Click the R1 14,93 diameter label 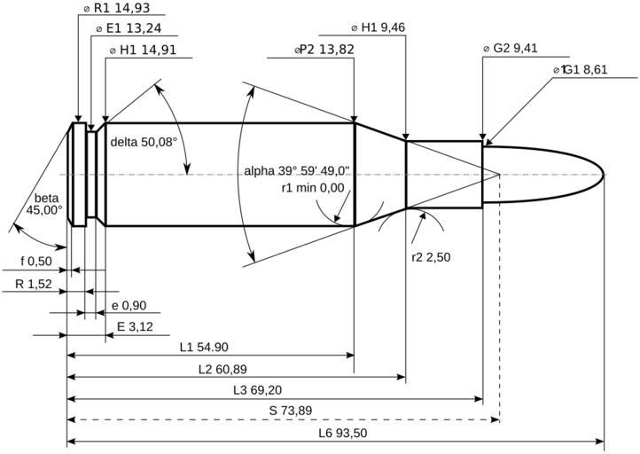coord(116,8)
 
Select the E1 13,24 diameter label coord(129,28)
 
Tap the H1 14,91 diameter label coord(143,50)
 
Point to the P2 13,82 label coord(324,50)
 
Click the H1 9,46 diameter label coord(378,27)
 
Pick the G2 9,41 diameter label coord(511,48)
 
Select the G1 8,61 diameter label coord(581,70)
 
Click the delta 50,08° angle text coord(144,142)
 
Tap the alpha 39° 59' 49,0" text coord(297,170)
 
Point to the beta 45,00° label coord(44,204)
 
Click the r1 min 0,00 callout coord(313,188)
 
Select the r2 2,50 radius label coord(431,257)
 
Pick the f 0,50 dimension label coord(36,261)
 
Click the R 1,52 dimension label coord(34,284)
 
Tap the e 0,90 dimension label coord(129,305)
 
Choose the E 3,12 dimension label coord(135,326)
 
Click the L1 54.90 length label coord(204,347)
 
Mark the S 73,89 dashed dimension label coord(291,411)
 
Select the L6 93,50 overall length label coord(343,433)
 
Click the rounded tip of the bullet coord(604,175)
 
